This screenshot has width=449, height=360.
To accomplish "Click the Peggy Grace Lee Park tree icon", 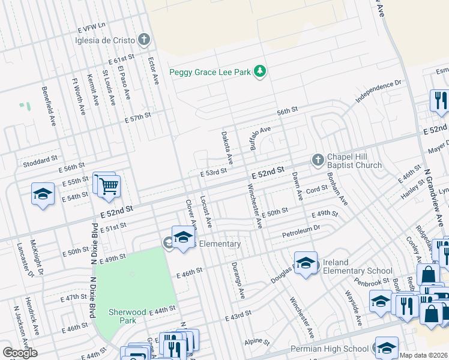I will click(x=260, y=72).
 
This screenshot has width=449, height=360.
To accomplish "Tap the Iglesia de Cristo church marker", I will click(x=143, y=40).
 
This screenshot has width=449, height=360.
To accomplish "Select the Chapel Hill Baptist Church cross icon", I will click(x=318, y=160).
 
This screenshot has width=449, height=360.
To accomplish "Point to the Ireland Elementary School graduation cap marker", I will click(x=306, y=263).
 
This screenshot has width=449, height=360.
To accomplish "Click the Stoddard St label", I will click(x=40, y=163).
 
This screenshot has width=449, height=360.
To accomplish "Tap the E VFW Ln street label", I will click(x=91, y=27).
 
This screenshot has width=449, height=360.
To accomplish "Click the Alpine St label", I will click(x=258, y=342).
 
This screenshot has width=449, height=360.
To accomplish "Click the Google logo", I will click(x=20, y=353).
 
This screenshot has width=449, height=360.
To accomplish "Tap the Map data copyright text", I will click(x=423, y=355).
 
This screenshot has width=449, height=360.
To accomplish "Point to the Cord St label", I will click(x=316, y=188).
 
